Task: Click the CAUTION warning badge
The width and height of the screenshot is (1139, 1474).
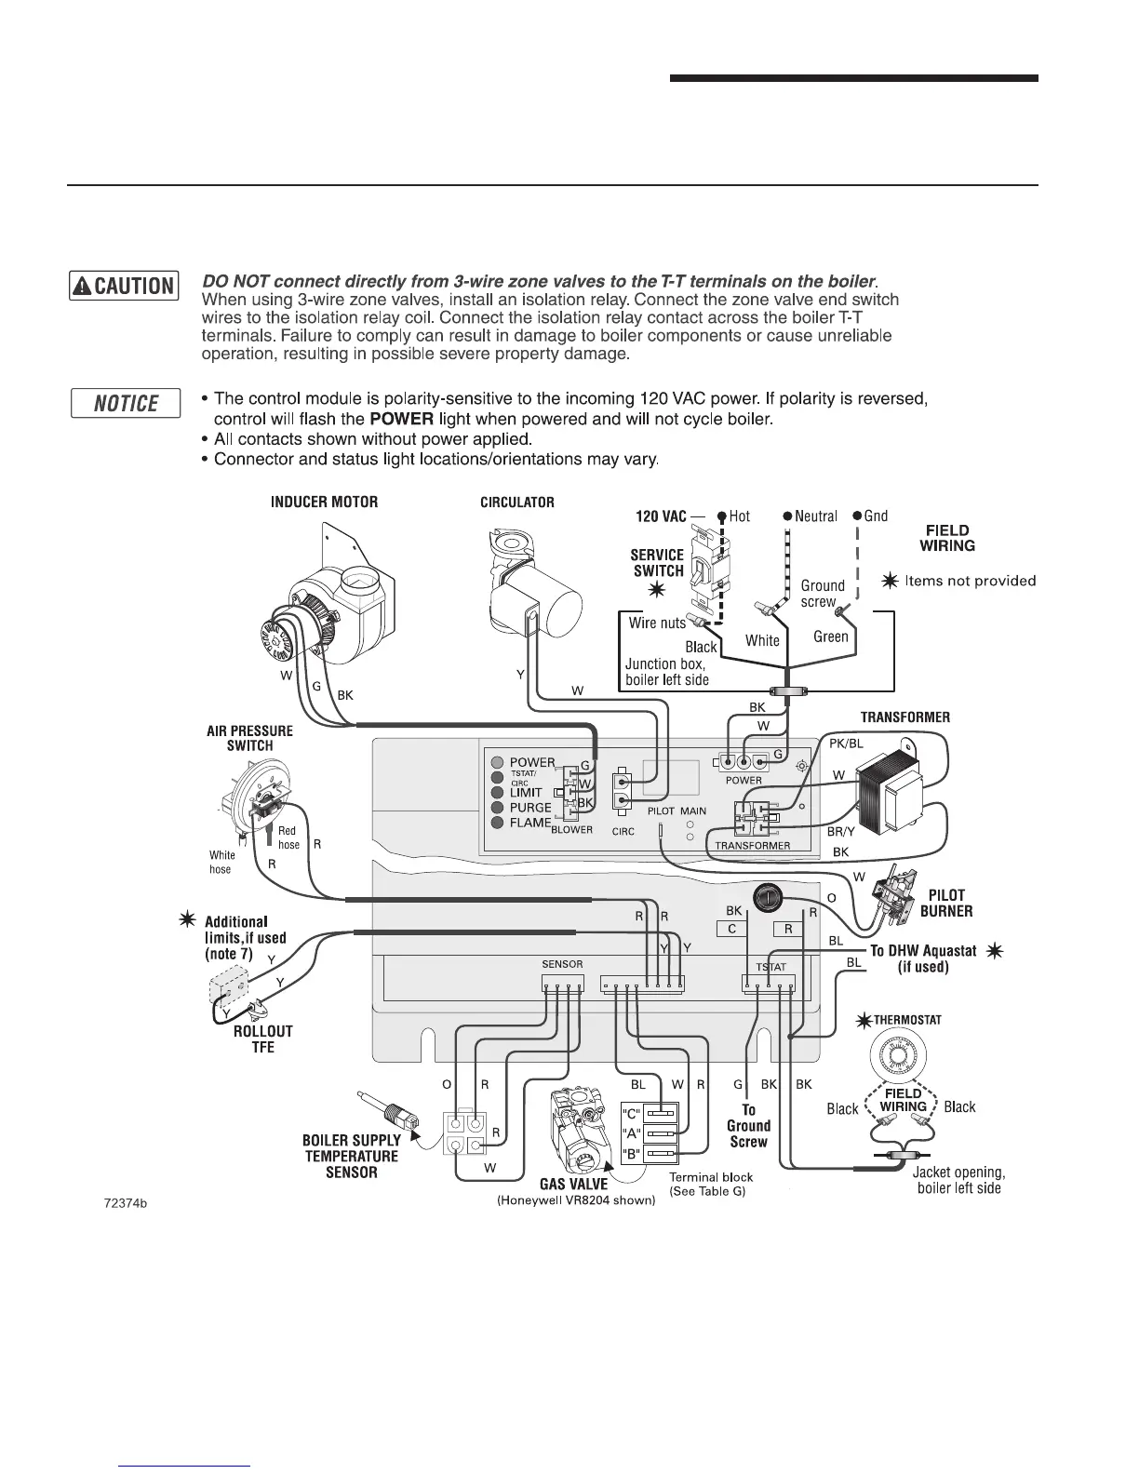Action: [124, 286]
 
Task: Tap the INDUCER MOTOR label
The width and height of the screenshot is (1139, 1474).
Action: [324, 502]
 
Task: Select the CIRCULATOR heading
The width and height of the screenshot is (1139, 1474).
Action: [516, 502]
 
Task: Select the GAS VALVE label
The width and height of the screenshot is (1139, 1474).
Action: [573, 1184]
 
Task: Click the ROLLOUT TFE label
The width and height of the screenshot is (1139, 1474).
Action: [262, 1039]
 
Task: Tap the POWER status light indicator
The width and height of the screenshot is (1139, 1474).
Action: [498, 763]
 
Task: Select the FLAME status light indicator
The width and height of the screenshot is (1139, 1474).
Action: [498, 823]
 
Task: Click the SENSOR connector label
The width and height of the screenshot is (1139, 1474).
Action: [562, 965]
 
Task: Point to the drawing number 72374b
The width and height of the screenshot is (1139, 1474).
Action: [126, 1203]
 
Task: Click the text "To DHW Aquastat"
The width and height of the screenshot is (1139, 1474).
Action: [922, 951]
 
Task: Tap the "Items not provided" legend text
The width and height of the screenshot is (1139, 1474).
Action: [970, 582]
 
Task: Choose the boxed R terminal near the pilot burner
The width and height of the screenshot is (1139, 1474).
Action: [788, 929]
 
